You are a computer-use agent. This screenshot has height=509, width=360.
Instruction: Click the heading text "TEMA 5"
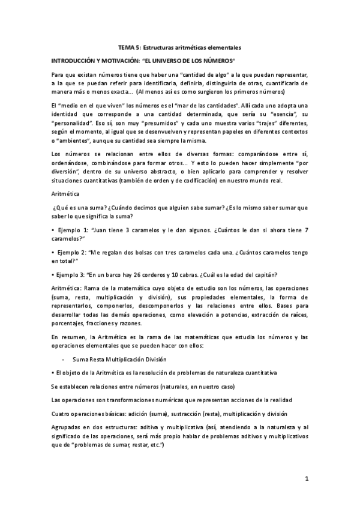point(128,47)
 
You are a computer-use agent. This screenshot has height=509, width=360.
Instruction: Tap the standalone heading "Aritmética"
point(65,193)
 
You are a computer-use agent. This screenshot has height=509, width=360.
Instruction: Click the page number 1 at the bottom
point(306,478)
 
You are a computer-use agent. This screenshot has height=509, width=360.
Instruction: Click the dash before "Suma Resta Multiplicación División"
point(63,359)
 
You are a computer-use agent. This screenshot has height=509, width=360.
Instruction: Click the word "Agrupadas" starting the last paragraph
point(66,427)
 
